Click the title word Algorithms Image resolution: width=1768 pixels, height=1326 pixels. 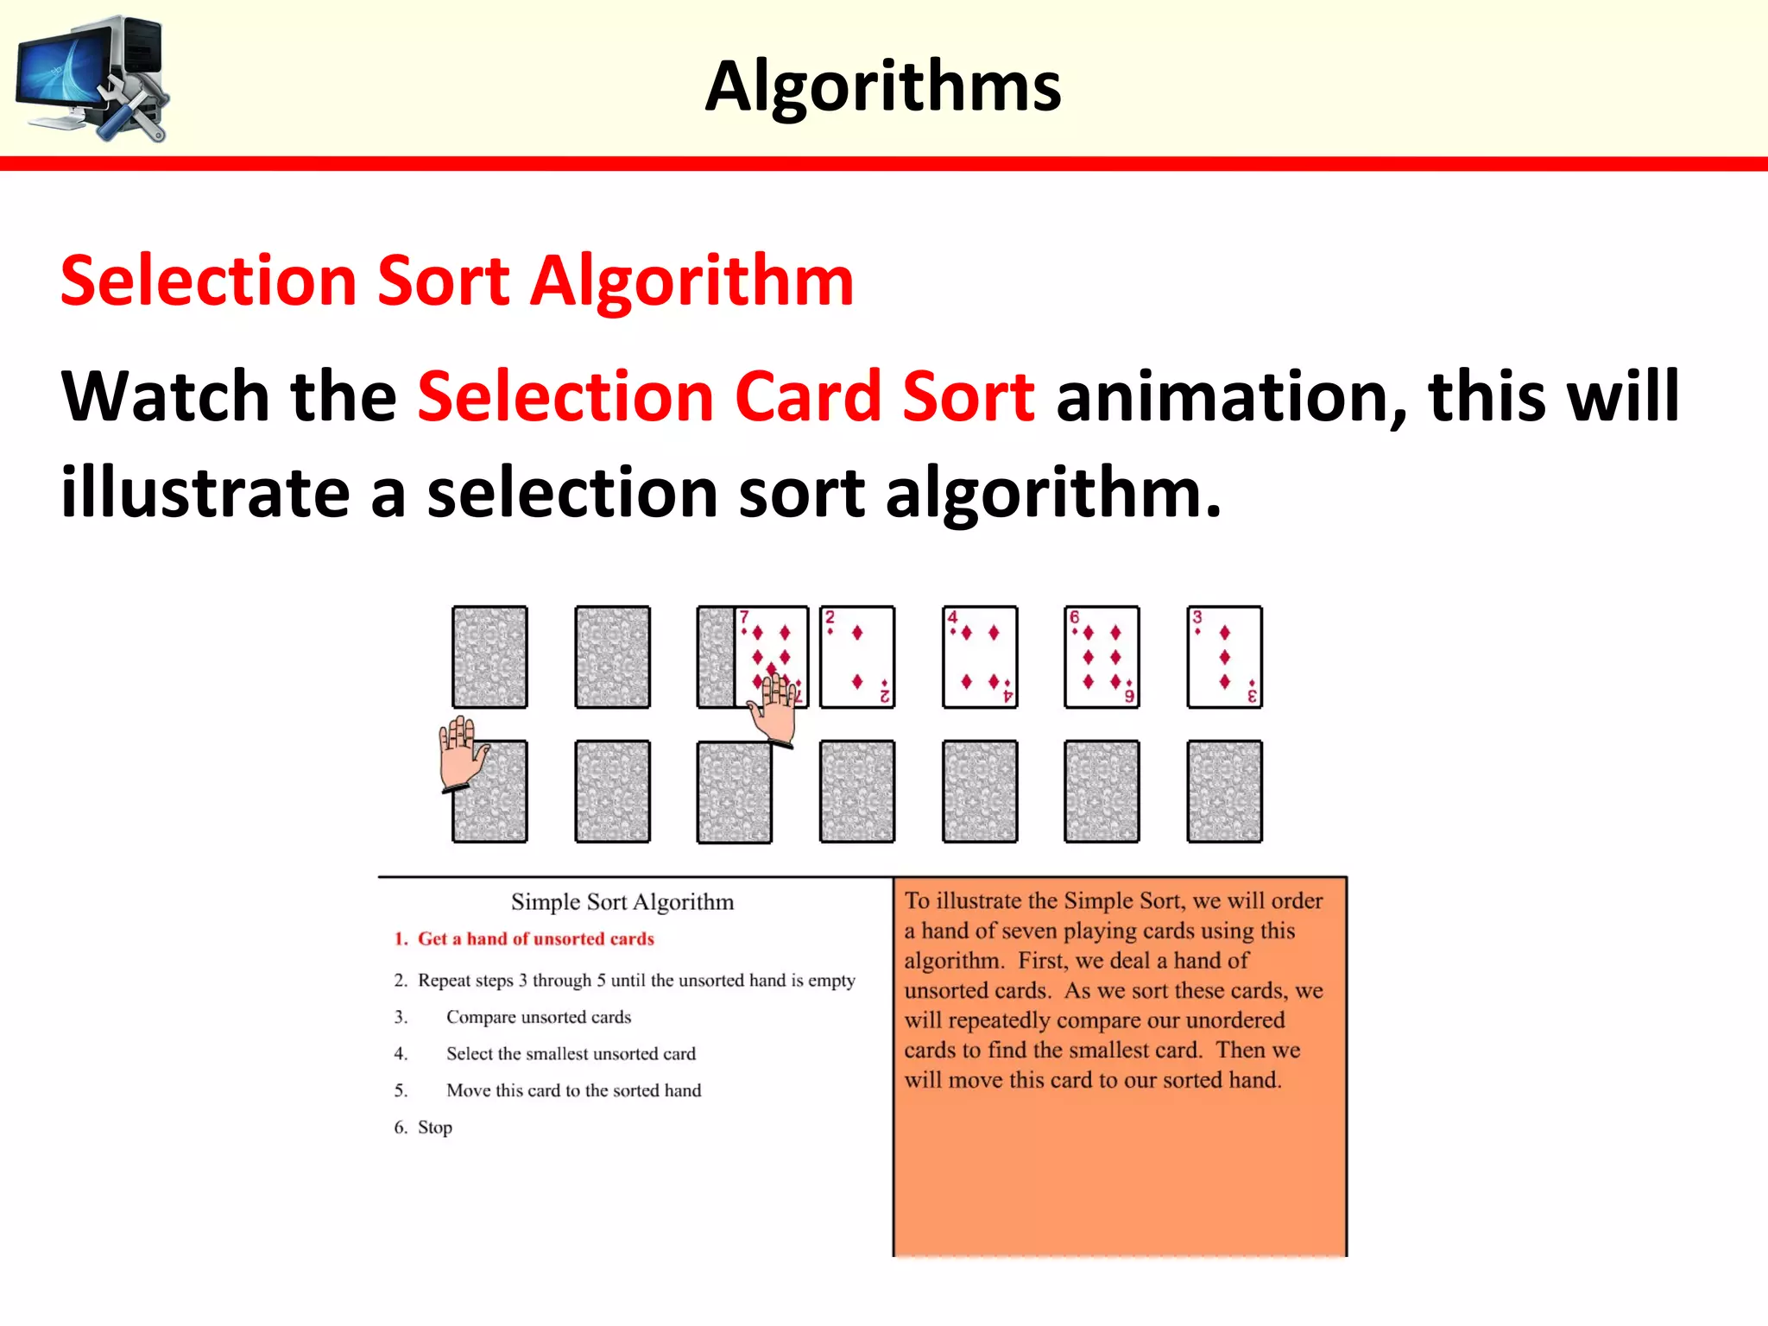point(883,86)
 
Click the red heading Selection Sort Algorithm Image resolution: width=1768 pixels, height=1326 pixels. point(457,281)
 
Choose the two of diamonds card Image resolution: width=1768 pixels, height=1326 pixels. point(856,657)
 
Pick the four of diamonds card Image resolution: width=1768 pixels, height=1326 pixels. point(979,657)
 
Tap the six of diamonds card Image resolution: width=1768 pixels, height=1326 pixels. point(1102,657)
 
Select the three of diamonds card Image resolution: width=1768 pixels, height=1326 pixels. point(1224,657)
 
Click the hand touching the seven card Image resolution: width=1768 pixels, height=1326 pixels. point(774,710)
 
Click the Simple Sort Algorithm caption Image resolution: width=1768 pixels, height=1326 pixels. point(622,902)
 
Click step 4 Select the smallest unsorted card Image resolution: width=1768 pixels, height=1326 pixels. point(570,1054)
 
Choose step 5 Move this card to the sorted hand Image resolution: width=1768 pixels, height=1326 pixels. point(573,1090)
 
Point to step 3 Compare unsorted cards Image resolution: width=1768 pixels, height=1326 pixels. point(538,1017)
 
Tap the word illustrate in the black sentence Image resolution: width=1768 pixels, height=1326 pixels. point(205,493)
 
